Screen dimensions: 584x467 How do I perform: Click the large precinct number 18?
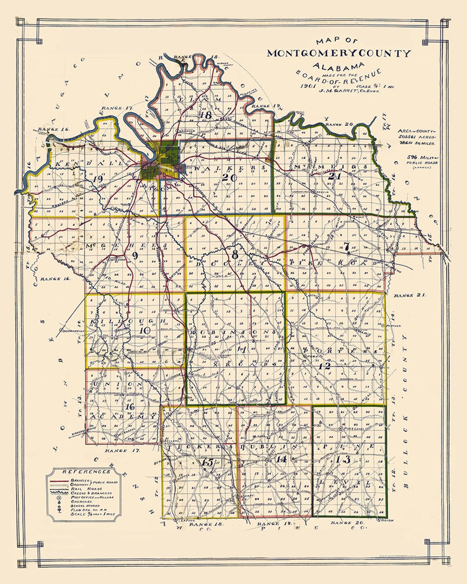click(206, 115)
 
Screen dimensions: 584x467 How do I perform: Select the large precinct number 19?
click(97, 179)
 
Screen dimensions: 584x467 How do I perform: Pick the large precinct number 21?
click(332, 176)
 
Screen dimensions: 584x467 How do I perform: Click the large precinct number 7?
click(346, 247)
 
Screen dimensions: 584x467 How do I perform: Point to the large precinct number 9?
click(135, 256)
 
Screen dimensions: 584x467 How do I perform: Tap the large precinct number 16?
click(130, 406)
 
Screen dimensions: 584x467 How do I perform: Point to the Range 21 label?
click(409, 295)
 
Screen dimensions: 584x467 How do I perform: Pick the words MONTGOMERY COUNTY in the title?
click(339, 54)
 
